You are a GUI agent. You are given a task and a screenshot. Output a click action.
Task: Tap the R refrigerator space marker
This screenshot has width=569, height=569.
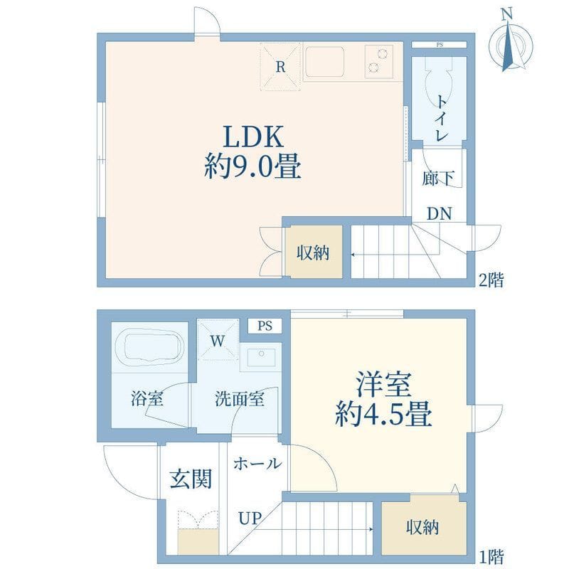(x=280, y=66)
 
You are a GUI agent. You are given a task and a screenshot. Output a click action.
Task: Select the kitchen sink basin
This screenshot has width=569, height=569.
(x=324, y=62)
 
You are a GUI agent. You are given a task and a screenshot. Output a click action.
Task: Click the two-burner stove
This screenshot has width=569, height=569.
(x=379, y=62)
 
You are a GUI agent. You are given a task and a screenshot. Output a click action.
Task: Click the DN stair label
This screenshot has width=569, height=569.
(x=439, y=214)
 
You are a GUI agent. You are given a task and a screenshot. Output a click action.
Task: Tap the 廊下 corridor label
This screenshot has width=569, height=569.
(x=438, y=178)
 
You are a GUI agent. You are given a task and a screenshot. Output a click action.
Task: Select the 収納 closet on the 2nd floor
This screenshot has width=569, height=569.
(x=314, y=252)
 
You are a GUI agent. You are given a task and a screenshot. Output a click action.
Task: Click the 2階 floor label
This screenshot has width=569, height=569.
(x=491, y=280)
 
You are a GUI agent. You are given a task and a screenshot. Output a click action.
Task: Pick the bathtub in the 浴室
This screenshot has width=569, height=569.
(x=149, y=347)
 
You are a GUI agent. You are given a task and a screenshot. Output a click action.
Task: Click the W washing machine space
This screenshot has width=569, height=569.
(x=218, y=341)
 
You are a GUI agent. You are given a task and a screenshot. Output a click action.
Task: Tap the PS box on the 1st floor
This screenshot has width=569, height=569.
(x=265, y=326)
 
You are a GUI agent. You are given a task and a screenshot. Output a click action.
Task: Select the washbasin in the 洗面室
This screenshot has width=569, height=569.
(x=261, y=357)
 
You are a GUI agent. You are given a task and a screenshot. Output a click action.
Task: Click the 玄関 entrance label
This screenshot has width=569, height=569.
(x=191, y=479)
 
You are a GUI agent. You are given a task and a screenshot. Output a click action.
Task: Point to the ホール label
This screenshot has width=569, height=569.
(x=257, y=464)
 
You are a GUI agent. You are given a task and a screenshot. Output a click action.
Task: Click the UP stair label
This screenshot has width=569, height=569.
(x=250, y=518)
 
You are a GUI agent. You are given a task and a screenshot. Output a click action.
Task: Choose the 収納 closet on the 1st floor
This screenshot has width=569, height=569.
(x=423, y=528)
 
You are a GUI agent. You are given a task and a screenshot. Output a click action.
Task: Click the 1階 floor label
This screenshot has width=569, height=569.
(x=491, y=556)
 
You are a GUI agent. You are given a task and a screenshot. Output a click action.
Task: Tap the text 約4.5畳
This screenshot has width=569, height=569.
(x=383, y=413)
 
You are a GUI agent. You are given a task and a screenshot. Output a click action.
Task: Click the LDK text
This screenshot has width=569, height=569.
(x=253, y=137)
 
